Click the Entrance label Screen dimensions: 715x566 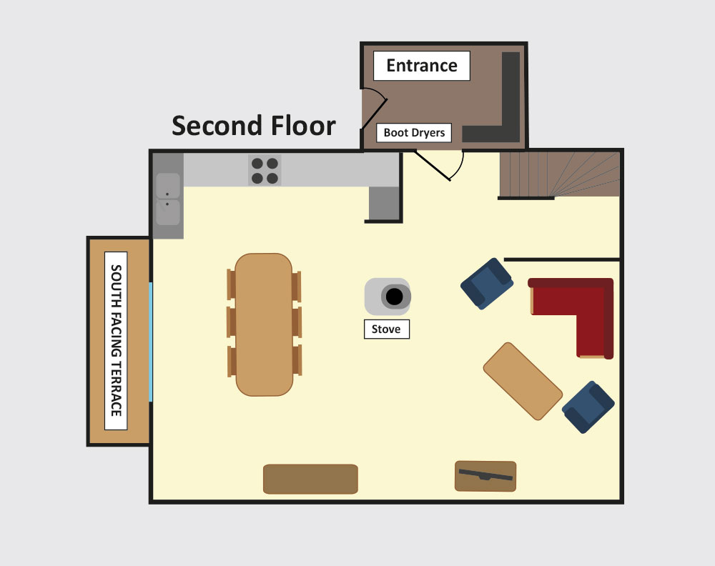click(x=422, y=66)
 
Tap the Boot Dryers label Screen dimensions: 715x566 click(x=414, y=133)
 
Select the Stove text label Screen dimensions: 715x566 click(x=386, y=329)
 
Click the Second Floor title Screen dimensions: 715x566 click(x=254, y=126)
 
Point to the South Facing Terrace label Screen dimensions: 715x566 click(x=116, y=341)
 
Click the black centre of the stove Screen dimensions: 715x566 click(x=395, y=297)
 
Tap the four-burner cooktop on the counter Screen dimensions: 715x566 click(x=265, y=170)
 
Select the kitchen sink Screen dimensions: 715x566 click(x=168, y=199)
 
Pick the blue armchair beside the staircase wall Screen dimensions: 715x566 click(x=487, y=284)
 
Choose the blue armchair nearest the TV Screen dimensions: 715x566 click(x=588, y=407)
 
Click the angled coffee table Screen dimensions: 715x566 click(x=523, y=381)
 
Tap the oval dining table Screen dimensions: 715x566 click(x=264, y=324)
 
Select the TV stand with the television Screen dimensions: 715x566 click(x=485, y=476)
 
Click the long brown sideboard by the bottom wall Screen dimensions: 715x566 click(x=310, y=479)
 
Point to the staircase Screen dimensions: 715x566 click(x=560, y=174)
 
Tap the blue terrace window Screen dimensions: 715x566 click(x=150, y=342)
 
